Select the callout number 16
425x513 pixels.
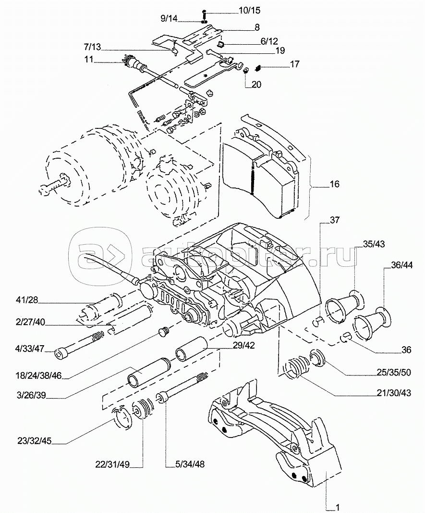point(334,184)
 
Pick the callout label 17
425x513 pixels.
point(295,64)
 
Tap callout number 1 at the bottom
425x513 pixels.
point(338,507)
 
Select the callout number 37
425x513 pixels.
point(334,220)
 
